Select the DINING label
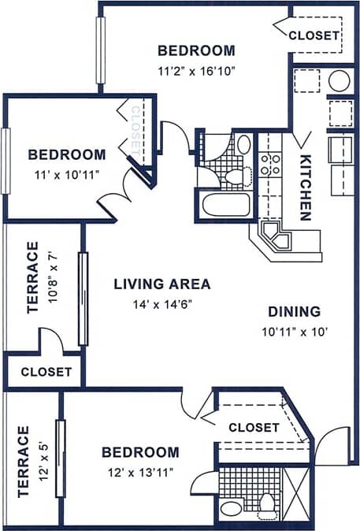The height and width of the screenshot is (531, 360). click(293, 310)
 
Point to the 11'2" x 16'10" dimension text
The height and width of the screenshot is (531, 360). click(196, 69)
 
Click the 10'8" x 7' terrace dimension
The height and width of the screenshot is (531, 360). click(54, 281)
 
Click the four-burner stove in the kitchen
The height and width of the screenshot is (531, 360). click(270, 164)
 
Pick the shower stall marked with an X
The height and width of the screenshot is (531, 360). click(299, 490)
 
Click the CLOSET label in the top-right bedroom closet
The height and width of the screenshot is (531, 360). click(314, 35)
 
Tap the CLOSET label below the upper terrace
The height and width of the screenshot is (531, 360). click(46, 372)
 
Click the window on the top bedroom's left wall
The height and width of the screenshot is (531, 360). click(101, 50)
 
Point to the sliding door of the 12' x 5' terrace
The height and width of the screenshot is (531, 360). click(60, 459)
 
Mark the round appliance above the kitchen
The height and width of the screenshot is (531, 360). click(340, 80)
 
